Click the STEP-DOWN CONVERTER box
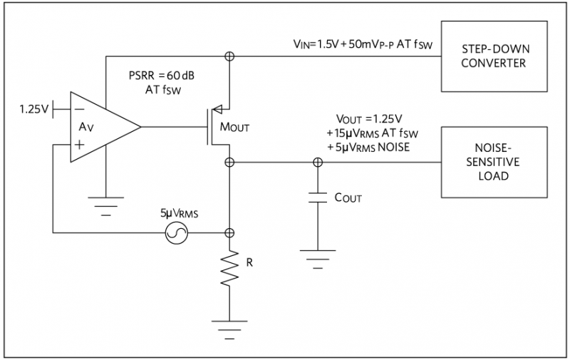pos(496,57)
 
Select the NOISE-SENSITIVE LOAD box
pos(496,162)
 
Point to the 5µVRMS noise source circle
pos(175,233)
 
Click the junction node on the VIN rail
pos(229,56)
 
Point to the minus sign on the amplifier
pos(79,110)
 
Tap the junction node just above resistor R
pos(229,233)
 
